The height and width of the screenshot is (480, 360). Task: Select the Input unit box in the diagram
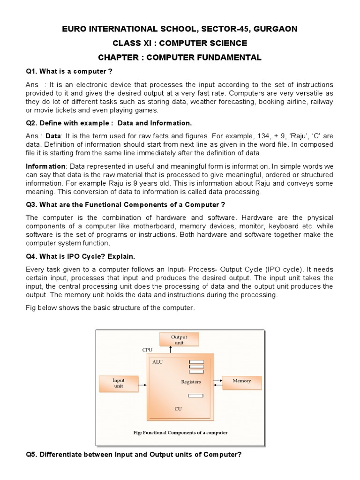[118, 383]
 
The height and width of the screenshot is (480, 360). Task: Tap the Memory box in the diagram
[242, 381]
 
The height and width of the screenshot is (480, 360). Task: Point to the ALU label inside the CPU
[157, 362]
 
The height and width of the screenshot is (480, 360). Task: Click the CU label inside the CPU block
[178, 409]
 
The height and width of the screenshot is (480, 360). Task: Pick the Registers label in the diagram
[191, 382]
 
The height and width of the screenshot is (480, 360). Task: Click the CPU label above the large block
[147, 350]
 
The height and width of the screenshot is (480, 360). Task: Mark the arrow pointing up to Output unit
[170, 350]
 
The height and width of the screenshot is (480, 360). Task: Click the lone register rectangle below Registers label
[195, 396]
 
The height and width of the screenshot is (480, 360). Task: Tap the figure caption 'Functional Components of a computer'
[180, 433]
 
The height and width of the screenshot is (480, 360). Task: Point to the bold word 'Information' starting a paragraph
[45, 166]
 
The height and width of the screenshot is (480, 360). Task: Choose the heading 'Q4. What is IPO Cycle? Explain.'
[80, 256]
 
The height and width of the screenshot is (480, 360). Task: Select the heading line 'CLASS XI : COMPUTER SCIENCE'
[180, 43]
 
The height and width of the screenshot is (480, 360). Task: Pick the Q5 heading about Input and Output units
[134, 455]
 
